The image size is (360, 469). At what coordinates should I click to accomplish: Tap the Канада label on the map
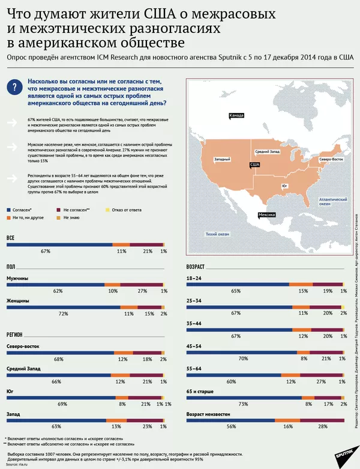tap(236, 116)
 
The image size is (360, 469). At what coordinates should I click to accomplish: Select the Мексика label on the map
tap(267, 214)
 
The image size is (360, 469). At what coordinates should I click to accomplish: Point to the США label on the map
tap(254, 164)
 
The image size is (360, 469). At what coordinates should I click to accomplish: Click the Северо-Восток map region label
tap(331, 159)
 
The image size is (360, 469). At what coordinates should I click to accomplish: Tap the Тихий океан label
tap(218, 234)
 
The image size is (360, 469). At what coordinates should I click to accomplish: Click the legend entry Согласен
tap(23, 210)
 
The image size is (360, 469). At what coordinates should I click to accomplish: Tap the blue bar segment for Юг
tap(61, 397)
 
